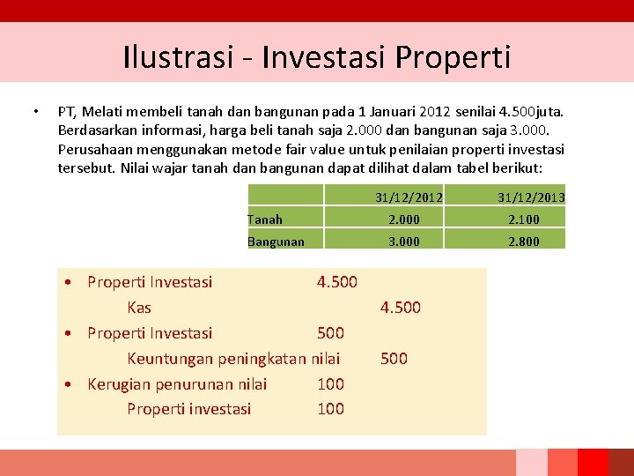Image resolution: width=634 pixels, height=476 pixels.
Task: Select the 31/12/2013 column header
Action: point(530,197)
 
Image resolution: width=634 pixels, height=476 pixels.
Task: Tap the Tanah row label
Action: point(265,219)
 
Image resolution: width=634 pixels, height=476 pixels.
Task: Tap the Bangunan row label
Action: point(276,242)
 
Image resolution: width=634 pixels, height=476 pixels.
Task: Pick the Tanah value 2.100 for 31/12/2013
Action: point(524,219)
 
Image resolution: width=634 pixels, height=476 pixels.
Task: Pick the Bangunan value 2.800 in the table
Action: point(524,242)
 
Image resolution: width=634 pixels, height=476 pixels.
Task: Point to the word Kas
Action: point(139,308)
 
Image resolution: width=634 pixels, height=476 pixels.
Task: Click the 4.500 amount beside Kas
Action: point(400,308)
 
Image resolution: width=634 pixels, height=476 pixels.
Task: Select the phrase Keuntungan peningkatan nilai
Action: point(233,359)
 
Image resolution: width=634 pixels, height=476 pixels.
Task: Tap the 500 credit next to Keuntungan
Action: point(394,359)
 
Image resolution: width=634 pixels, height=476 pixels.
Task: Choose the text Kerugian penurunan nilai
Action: point(177,384)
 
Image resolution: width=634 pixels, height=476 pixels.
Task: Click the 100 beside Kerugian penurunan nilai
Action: point(330,384)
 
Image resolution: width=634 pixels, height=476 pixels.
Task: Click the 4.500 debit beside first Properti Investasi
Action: point(336,282)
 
